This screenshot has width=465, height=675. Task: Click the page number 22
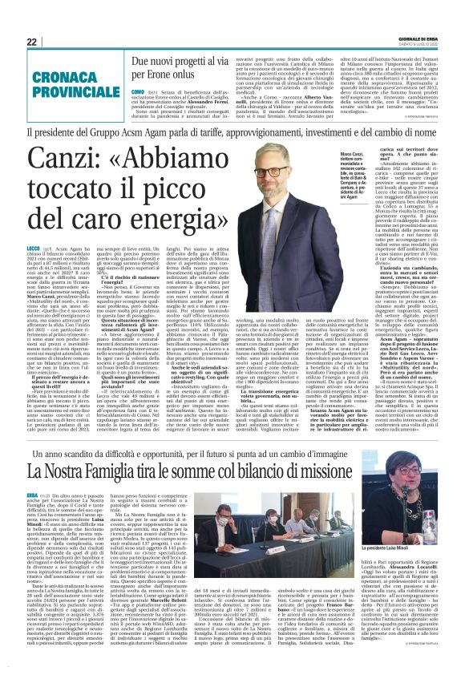pos(32,42)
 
